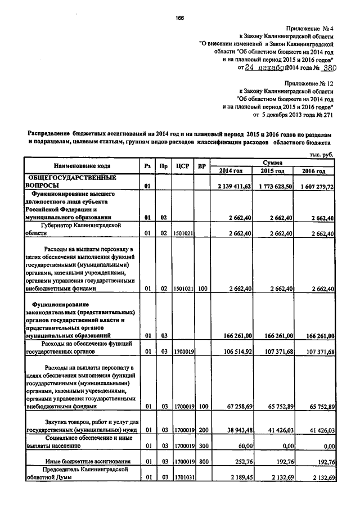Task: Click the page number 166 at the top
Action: [180, 18]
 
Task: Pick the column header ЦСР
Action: [181, 166]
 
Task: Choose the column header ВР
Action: [201, 166]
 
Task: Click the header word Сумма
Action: [272, 161]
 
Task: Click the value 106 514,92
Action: [235, 352]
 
